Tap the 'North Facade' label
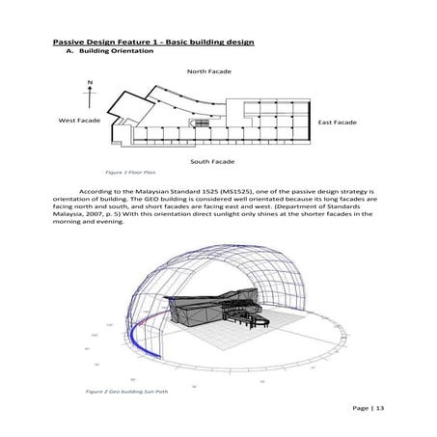pos(209,71)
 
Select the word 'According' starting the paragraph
pos(99,192)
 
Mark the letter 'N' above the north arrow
pos(90,82)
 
